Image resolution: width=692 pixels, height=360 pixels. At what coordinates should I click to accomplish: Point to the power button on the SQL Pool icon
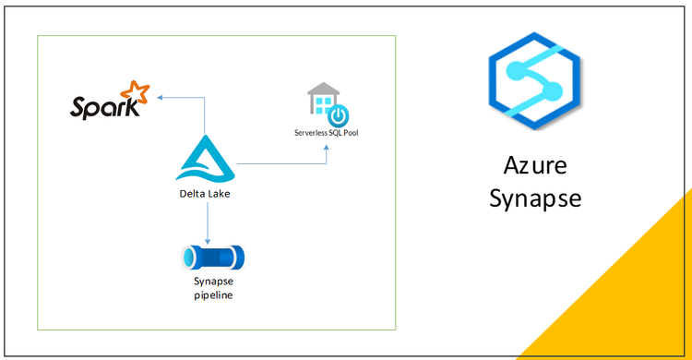[339, 115]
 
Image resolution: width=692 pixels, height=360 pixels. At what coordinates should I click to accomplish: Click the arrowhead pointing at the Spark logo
[159, 95]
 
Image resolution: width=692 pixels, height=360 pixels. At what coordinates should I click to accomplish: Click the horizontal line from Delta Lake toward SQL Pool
[277, 164]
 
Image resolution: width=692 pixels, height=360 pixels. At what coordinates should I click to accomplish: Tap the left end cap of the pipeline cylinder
[186, 255]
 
